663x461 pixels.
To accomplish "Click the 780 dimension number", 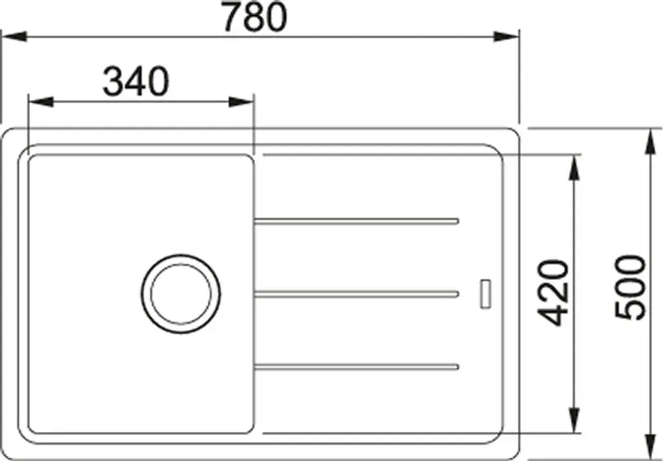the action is tap(255, 17).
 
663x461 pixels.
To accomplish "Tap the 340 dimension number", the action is tap(136, 81).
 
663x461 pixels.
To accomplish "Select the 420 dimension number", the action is tap(553, 294).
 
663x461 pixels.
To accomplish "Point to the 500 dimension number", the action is tap(631, 288).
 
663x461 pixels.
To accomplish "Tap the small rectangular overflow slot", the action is tap(486, 293).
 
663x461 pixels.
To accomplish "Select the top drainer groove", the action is tap(357, 220).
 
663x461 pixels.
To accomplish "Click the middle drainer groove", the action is tap(357, 294).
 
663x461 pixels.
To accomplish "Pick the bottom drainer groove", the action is tap(357, 367).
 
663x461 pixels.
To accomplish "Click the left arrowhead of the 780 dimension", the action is tap(14, 37).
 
